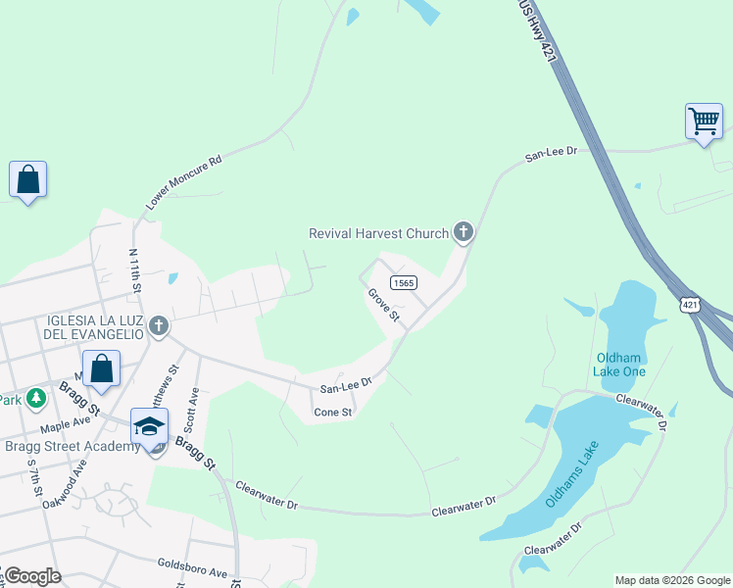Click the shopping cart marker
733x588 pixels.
point(704,122)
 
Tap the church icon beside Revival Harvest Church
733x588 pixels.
point(464,232)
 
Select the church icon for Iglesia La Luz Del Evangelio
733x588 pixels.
point(159,325)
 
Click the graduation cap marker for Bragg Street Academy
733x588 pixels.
point(149,427)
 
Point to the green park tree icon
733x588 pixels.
point(36,398)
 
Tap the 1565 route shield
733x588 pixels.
point(404,282)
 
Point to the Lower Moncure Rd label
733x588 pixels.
point(184,182)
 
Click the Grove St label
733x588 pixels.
point(383,305)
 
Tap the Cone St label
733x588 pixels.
point(332,413)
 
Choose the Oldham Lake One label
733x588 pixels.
point(620,365)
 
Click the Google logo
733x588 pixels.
point(32,576)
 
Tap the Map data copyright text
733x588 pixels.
point(672,580)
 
